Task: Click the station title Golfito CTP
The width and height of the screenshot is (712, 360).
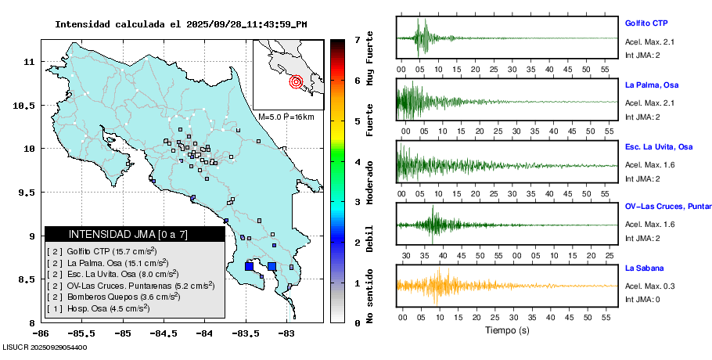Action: pyautogui.click(x=645, y=23)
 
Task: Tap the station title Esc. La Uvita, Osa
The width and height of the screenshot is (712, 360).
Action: pyautogui.click(x=658, y=146)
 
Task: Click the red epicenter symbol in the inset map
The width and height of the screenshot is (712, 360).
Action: pyautogui.click(x=296, y=81)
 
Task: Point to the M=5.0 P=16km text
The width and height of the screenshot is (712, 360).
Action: pyautogui.click(x=286, y=117)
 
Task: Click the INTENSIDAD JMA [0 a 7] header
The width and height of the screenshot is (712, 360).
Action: pyautogui.click(x=117, y=234)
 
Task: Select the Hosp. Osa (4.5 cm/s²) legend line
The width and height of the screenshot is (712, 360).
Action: pyautogui.click(x=98, y=308)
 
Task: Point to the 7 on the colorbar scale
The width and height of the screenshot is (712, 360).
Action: pyautogui.click(x=357, y=39)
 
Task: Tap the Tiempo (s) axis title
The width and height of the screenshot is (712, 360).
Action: pyautogui.click(x=507, y=330)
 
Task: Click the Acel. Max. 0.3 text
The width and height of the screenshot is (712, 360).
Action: pyautogui.click(x=649, y=287)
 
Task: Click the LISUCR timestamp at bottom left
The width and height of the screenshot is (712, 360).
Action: pyautogui.click(x=45, y=347)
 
